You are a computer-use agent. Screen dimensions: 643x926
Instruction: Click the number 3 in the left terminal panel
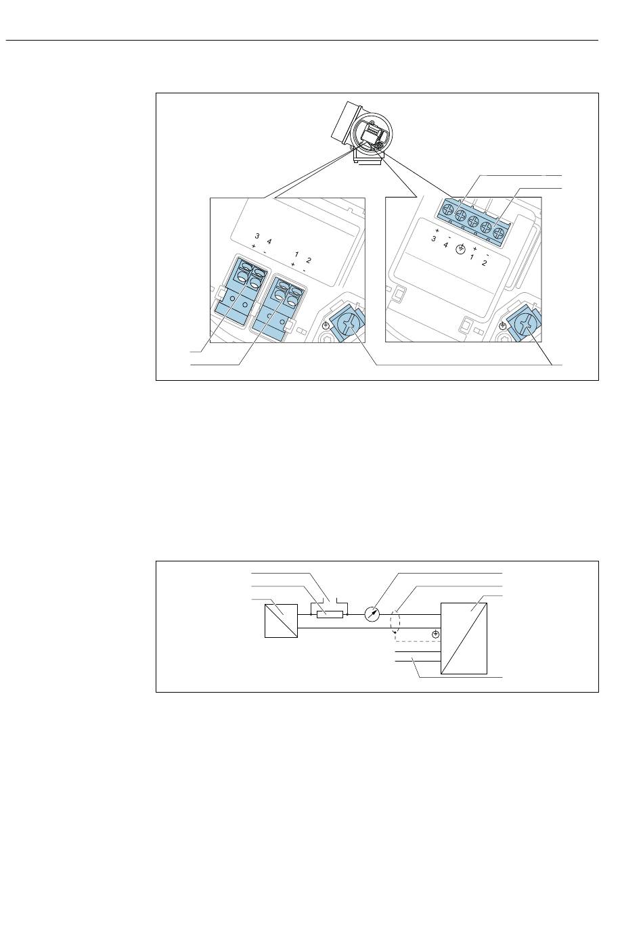pos(257,236)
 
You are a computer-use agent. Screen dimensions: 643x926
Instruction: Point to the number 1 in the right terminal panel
pos(472,257)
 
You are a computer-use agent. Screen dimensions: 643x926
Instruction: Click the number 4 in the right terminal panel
pos(445,245)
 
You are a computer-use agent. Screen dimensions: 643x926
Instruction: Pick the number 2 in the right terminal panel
pos(484,263)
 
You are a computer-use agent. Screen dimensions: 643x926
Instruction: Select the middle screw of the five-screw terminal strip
pos(473,221)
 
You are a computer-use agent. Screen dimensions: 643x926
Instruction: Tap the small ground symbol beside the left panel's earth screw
pos(326,325)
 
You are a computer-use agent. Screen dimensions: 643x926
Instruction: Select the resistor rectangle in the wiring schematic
pos(330,615)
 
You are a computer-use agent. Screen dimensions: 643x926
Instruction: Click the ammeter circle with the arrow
pos(372,615)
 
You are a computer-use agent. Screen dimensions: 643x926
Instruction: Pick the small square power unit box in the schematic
pos(281,621)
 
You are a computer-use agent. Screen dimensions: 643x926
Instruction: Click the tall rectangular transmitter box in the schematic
pos(464,639)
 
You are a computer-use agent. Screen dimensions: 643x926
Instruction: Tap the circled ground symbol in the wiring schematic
pos(436,634)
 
